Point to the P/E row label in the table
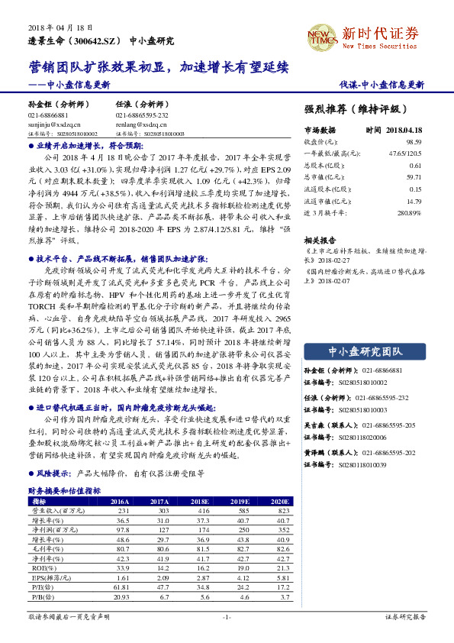[38, 587]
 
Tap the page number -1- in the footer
[226, 616]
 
